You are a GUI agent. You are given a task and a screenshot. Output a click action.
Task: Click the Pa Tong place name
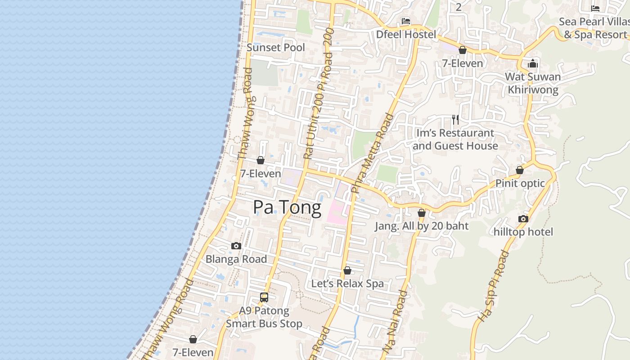[x=287, y=207]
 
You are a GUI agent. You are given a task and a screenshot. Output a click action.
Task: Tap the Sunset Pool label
[x=276, y=48]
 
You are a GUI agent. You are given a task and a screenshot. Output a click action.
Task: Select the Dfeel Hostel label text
[x=406, y=35]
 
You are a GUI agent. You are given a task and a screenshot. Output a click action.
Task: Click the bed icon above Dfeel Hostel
[x=406, y=21]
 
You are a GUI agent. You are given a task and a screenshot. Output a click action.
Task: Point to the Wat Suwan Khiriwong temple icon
[x=533, y=63]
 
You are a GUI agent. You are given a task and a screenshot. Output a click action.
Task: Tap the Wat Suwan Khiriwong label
[x=533, y=83]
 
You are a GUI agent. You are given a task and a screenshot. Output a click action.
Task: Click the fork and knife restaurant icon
[x=455, y=119]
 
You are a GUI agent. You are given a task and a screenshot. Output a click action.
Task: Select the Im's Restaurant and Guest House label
[x=455, y=139]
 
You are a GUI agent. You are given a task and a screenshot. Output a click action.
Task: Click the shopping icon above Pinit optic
[x=520, y=170]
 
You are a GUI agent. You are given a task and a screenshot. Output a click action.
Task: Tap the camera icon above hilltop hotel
[x=523, y=219]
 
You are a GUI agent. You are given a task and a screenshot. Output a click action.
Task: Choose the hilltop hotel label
[x=523, y=232]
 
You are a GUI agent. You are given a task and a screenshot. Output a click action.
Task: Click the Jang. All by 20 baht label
[x=422, y=226]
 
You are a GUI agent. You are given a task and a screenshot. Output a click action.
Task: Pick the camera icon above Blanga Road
[x=236, y=246]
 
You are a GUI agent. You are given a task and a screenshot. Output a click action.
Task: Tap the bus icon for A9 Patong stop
[x=264, y=297]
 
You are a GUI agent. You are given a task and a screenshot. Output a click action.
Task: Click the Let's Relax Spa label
[x=347, y=283]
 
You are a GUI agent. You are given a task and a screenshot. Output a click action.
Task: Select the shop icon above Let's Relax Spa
[x=347, y=270]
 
